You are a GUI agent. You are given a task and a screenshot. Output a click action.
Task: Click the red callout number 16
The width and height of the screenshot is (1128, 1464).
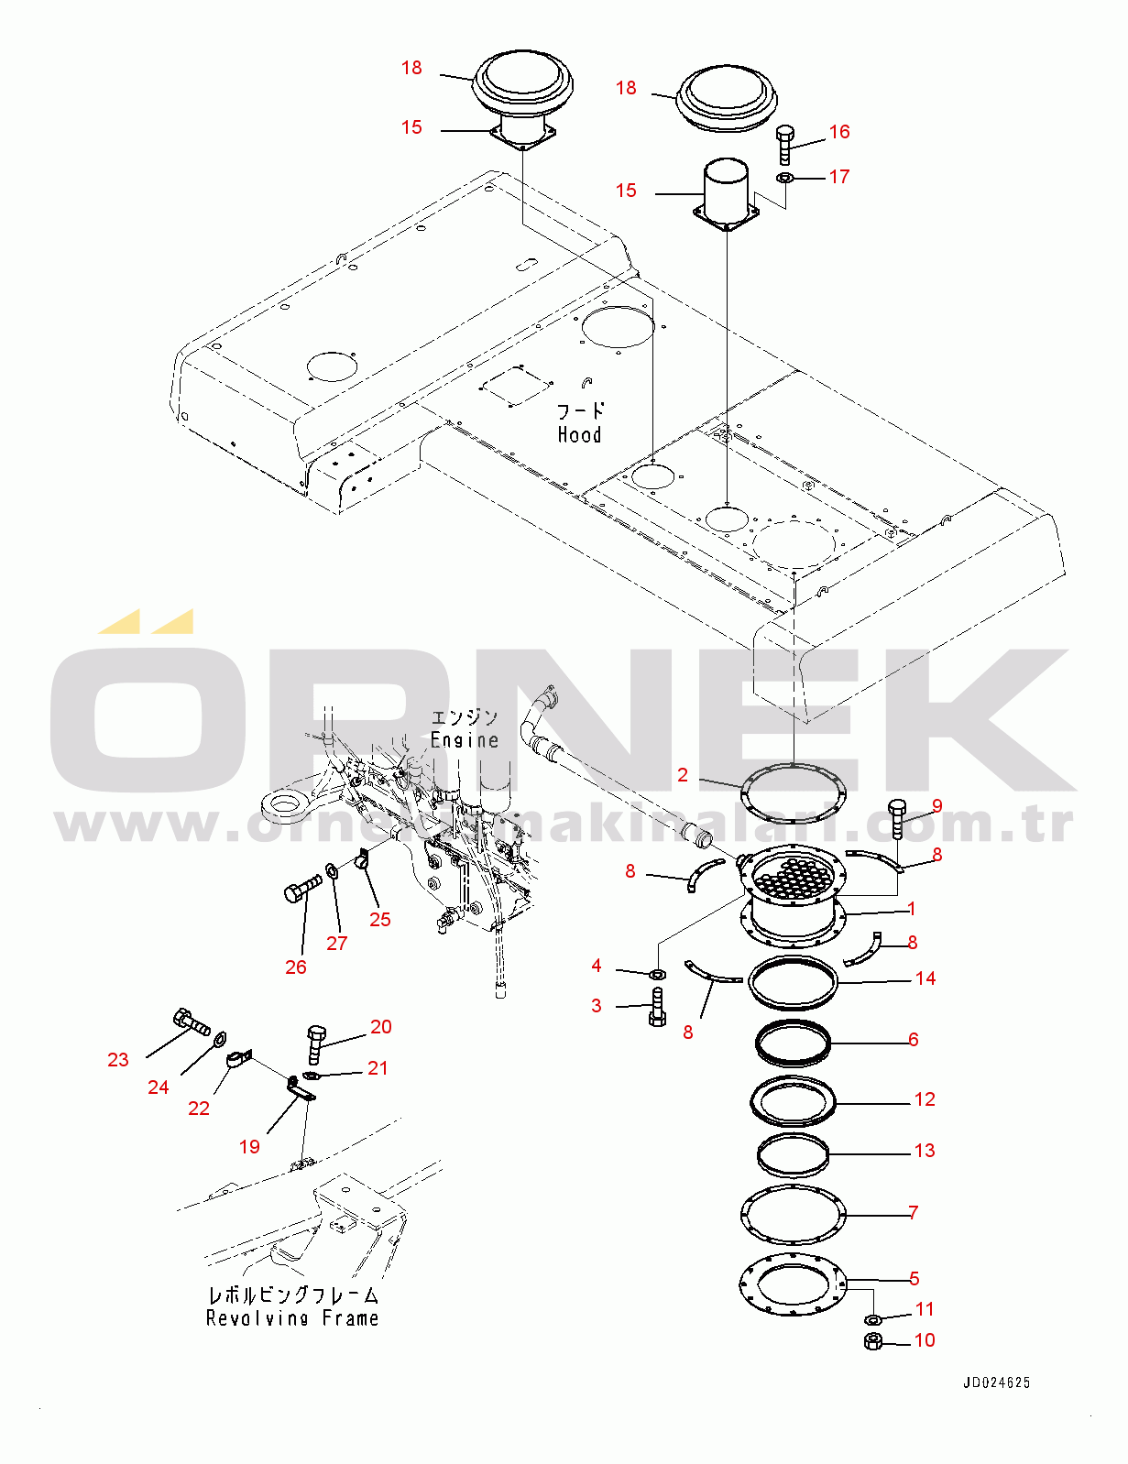click(839, 131)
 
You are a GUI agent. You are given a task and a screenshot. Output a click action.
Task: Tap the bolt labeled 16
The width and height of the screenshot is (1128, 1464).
click(785, 145)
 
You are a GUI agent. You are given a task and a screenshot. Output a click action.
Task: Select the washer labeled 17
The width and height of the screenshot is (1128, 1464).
click(784, 179)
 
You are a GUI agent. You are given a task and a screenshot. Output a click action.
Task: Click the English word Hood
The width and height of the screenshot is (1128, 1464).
click(579, 434)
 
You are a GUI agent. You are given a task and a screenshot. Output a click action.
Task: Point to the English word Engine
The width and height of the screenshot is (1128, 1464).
click(465, 739)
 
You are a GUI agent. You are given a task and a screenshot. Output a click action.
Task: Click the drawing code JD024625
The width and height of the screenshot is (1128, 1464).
click(997, 1382)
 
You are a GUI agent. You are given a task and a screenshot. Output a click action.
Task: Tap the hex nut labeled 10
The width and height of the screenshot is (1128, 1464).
click(872, 1340)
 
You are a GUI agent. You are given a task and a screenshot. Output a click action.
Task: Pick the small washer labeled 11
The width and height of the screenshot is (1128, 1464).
click(872, 1317)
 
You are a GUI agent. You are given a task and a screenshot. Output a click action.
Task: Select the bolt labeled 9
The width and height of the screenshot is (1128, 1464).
click(898, 818)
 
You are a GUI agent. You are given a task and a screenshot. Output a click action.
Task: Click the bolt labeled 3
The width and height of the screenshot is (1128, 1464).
click(657, 1007)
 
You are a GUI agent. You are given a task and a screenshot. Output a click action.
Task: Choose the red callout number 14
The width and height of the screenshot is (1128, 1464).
click(925, 978)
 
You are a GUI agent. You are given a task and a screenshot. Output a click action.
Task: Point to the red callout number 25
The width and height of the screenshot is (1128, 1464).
click(380, 919)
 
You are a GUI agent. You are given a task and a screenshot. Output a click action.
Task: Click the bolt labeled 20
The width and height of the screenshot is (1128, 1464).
click(314, 1044)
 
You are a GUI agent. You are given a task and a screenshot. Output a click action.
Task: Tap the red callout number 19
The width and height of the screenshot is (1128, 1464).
click(249, 1147)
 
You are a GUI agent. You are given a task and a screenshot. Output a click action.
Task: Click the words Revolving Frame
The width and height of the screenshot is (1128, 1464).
click(292, 1317)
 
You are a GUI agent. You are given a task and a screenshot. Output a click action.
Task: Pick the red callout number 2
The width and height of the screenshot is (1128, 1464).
click(683, 775)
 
